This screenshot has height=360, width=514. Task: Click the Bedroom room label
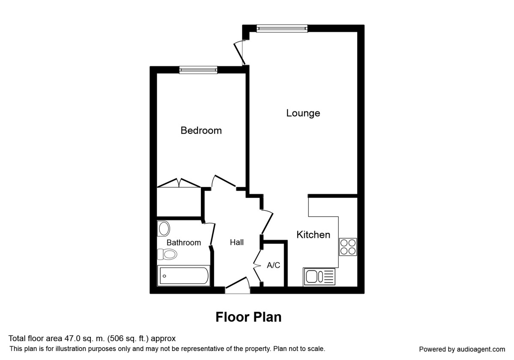click(x=201, y=130)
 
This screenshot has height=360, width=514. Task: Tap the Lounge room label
click(x=303, y=113)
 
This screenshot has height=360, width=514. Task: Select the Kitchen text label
click(x=313, y=235)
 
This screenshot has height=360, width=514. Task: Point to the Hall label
click(x=236, y=243)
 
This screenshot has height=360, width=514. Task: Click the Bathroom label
click(x=183, y=243)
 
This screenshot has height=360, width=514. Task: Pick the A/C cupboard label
click(x=273, y=265)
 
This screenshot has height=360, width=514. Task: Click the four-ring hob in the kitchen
click(x=348, y=246)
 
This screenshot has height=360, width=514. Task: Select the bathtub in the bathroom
click(x=183, y=276)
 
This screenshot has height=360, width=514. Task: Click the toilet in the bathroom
click(x=167, y=255)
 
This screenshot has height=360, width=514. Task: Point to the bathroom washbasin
click(x=163, y=229)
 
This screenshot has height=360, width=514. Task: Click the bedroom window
click(x=198, y=70)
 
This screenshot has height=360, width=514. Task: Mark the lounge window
click(x=282, y=28)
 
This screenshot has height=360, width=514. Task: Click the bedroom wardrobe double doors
click(x=179, y=183)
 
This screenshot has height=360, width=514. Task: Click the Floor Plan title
click(x=248, y=317)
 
